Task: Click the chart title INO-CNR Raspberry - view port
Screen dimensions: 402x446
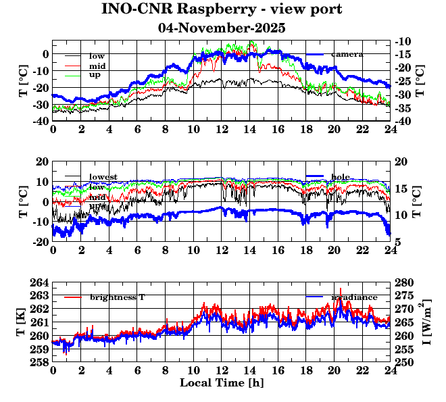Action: click(222, 9)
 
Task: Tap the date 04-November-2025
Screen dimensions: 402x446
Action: click(222, 28)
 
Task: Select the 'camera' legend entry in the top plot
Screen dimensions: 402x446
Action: click(347, 54)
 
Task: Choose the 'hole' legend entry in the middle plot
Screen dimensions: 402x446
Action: click(341, 177)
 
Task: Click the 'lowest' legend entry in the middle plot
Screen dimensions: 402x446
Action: click(103, 177)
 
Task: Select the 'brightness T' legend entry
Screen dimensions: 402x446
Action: click(117, 297)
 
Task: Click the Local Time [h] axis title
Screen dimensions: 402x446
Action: click(222, 383)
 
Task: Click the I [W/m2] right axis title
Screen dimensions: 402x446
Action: click(428, 322)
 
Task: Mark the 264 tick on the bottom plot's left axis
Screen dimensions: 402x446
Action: click(39, 282)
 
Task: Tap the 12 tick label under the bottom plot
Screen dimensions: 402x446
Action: click(222, 371)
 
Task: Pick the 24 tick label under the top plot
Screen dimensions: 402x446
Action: click(390, 130)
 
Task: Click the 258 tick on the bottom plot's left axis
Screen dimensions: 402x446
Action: click(39, 362)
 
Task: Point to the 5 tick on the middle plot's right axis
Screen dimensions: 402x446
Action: click(399, 242)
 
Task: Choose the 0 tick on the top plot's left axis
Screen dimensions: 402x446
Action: click(45, 54)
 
